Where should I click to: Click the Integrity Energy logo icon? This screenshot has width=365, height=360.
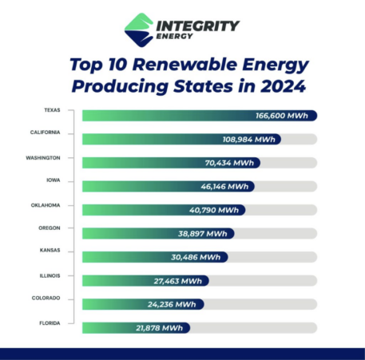(139, 29)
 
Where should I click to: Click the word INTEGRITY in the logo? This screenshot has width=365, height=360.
(197, 25)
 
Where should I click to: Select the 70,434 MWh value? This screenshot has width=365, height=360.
(229, 163)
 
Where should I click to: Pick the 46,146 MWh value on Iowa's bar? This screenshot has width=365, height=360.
(224, 186)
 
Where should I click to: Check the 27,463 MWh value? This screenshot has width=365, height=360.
(180, 281)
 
